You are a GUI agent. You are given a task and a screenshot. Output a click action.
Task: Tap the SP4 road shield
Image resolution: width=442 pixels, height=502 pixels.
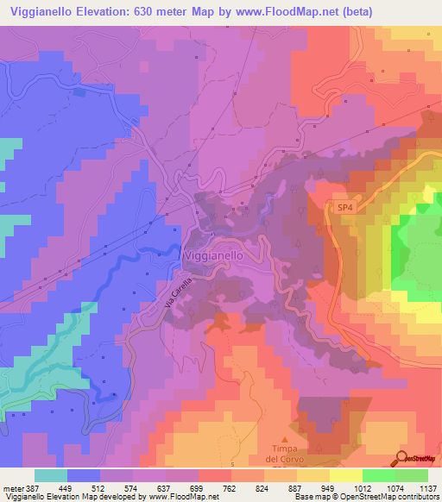point(344,207)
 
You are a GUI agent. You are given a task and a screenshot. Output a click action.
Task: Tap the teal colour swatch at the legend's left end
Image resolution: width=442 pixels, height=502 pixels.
point(51,475)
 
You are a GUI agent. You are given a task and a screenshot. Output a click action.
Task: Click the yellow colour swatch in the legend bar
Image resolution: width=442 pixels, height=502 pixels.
point(346,475)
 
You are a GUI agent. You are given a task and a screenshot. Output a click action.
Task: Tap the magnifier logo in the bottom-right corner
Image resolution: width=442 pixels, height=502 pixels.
point(403,458)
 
